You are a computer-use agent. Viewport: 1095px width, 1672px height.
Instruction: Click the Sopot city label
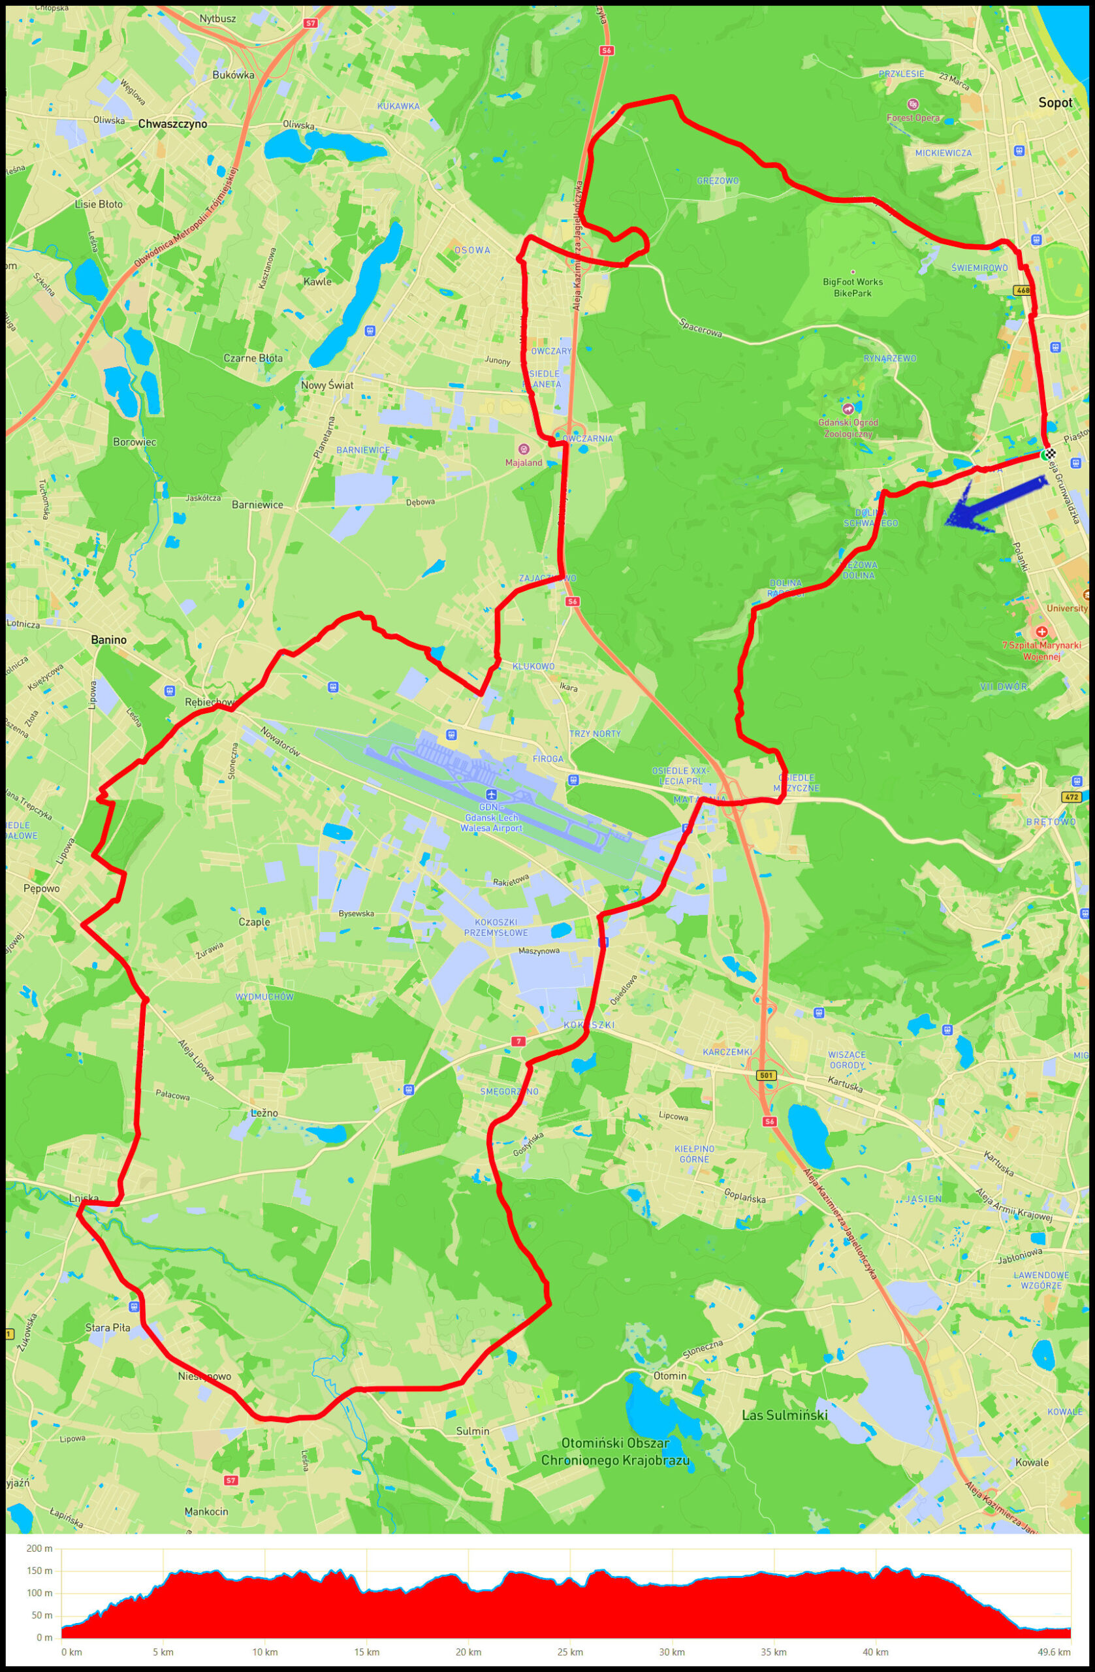(1055, 103)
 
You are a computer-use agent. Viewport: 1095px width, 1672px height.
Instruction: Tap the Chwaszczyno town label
(173, 123)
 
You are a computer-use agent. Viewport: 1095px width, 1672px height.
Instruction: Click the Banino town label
(109, 640)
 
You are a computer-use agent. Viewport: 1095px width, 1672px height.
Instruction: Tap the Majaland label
(524, 462)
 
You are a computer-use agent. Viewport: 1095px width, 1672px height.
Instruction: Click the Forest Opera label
(912, 118)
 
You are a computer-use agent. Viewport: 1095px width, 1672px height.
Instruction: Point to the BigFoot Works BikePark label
(853, 287)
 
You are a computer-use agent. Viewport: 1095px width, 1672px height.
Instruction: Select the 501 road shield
(767, 1076)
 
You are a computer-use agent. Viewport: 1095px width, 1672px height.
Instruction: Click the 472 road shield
(1070, 797)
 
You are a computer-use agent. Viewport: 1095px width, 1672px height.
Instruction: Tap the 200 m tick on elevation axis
(39, 1549)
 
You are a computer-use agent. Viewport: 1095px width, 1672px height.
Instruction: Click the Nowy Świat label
(326, 385)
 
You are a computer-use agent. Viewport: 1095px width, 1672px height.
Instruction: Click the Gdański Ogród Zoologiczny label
(848, 428)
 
